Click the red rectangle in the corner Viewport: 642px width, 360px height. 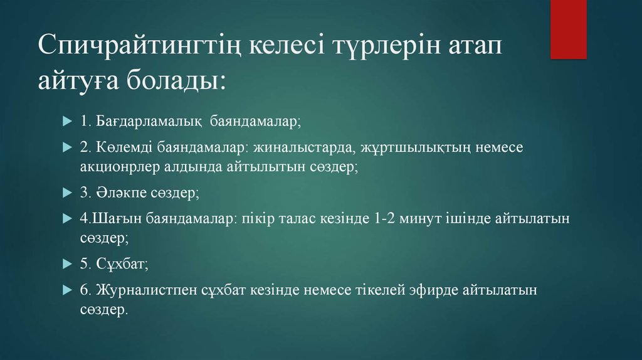point(568,29)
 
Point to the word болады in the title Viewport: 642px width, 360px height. point(172,80)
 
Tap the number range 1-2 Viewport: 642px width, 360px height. point(384,218)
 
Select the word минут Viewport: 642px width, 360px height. point(420,219)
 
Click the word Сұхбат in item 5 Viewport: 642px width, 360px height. point(122,264)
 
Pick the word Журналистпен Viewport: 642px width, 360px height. point(146,290)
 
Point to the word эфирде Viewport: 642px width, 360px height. point(433,290)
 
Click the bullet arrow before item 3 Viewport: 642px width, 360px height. point(68,193)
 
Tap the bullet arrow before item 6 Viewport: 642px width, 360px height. point(68,290)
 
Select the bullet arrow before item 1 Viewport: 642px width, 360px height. point(68,121)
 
